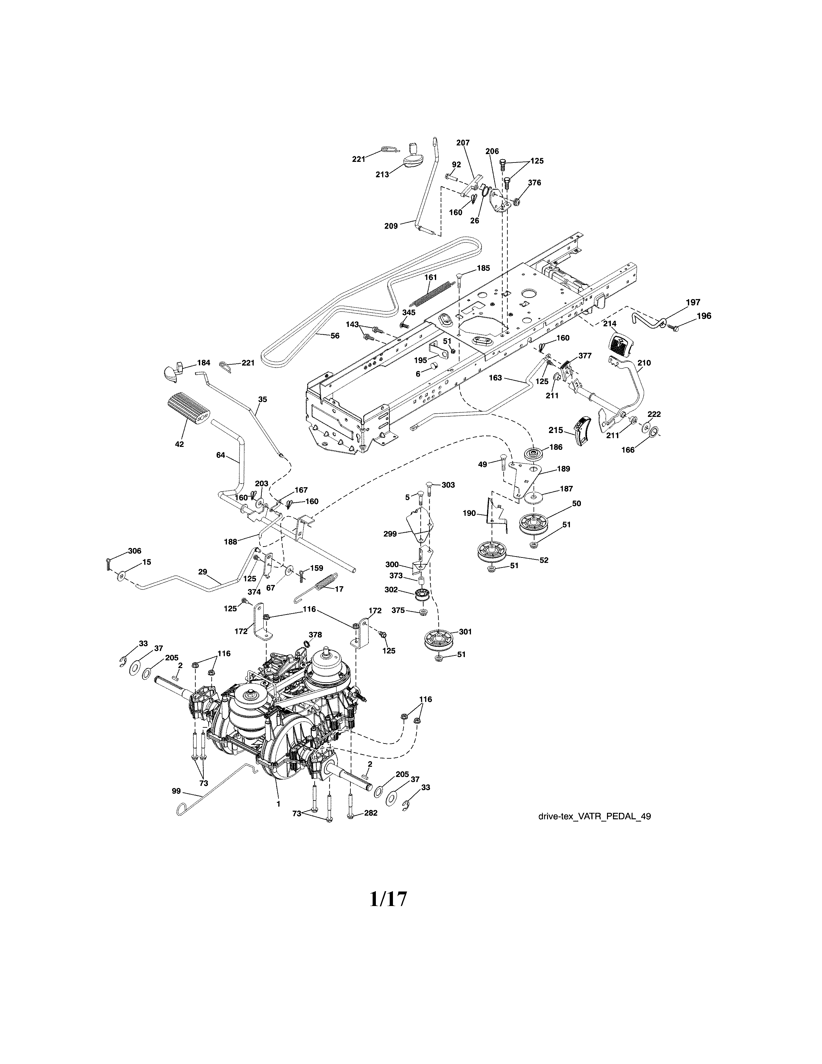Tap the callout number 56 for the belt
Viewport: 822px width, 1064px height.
click(x=335, y=335)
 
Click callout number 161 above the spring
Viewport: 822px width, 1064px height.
click(x=430, y=277)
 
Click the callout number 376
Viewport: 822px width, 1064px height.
click(x=534, y=183)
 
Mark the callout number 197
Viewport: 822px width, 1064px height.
click(x=693, y=302)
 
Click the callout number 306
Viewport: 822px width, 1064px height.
click(x=134, y=551)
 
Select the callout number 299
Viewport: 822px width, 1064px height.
click(x=390, y=534)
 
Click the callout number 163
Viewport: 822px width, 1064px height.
click(x=495, y=378)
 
